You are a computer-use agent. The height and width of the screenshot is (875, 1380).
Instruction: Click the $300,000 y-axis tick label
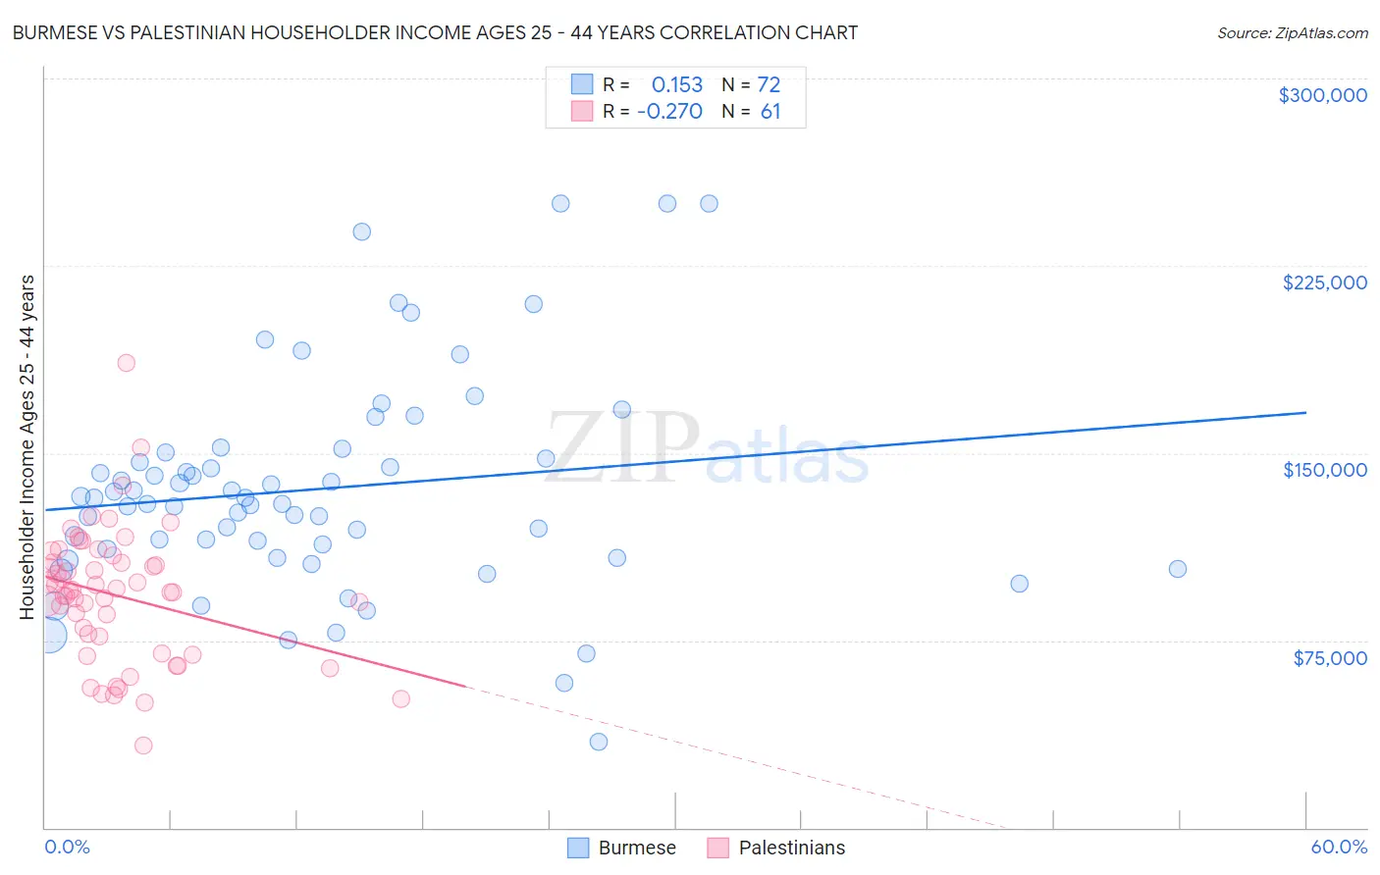point(1322,95)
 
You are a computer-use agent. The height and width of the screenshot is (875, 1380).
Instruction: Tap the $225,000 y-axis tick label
point(1324,283)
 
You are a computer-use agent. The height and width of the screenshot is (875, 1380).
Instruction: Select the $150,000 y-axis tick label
point(1324,470)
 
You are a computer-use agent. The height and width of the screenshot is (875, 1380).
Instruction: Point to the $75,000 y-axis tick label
point(1329,658)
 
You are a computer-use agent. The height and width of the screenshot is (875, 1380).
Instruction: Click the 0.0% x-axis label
point(67,848)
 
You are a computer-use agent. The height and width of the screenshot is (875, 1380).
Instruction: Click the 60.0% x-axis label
point(1338,848)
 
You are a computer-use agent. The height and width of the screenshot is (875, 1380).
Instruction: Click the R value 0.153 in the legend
point(677,84)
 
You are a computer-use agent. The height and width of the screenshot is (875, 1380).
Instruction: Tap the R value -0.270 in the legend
point(669,111)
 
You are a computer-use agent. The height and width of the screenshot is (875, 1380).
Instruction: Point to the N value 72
point(769,84)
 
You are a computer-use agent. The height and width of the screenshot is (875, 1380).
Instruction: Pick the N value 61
point(770,111)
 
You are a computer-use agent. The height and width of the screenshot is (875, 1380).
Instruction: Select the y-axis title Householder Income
point(27,446)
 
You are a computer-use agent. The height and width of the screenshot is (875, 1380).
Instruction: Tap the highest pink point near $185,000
point(126,363)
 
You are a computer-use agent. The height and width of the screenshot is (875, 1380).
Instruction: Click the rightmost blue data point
point(1178,569)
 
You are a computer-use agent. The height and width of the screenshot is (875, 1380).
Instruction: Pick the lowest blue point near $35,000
point(599,742)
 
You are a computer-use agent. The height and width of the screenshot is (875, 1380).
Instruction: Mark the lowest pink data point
point(143,746)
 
